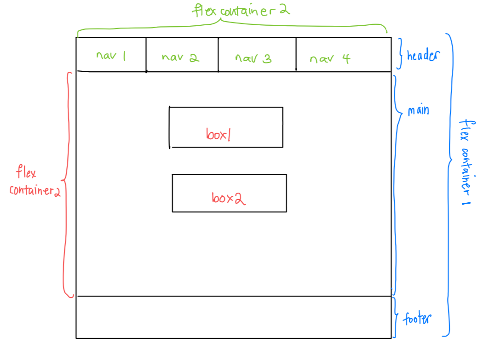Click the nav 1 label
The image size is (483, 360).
(111, 56)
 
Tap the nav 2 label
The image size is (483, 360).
(180, 58)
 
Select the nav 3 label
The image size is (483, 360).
(253, 59)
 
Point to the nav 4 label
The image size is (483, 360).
(330, 59)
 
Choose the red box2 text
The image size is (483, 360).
(228, 198)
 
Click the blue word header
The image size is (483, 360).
(423, 56)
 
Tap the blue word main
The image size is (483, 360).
(418, 111)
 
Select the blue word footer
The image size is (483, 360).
(417, 319)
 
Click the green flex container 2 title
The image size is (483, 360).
(241, 10)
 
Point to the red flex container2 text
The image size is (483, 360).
(34, 182)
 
